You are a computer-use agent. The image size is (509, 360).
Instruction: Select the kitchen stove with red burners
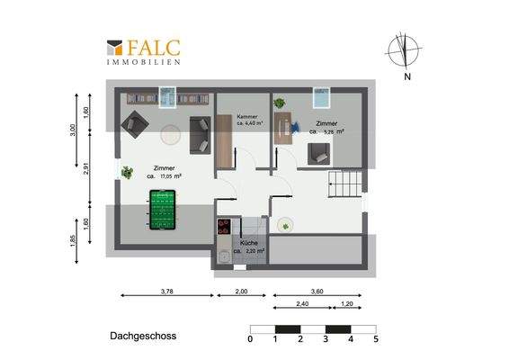[x=224, y=229]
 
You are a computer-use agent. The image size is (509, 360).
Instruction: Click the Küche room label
[x=249, y=243]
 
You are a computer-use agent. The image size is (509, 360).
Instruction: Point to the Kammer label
[x=247, y=117]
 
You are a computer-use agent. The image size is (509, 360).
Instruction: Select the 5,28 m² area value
[x=327, y=131]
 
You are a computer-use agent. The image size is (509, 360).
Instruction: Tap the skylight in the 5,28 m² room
[x=322, y=95]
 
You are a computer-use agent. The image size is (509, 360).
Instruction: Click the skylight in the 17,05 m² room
[x=165, y=94]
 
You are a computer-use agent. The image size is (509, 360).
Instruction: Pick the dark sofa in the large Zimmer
[x=199, y=134]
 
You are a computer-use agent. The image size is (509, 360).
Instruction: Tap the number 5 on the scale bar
[x=376, y=339]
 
